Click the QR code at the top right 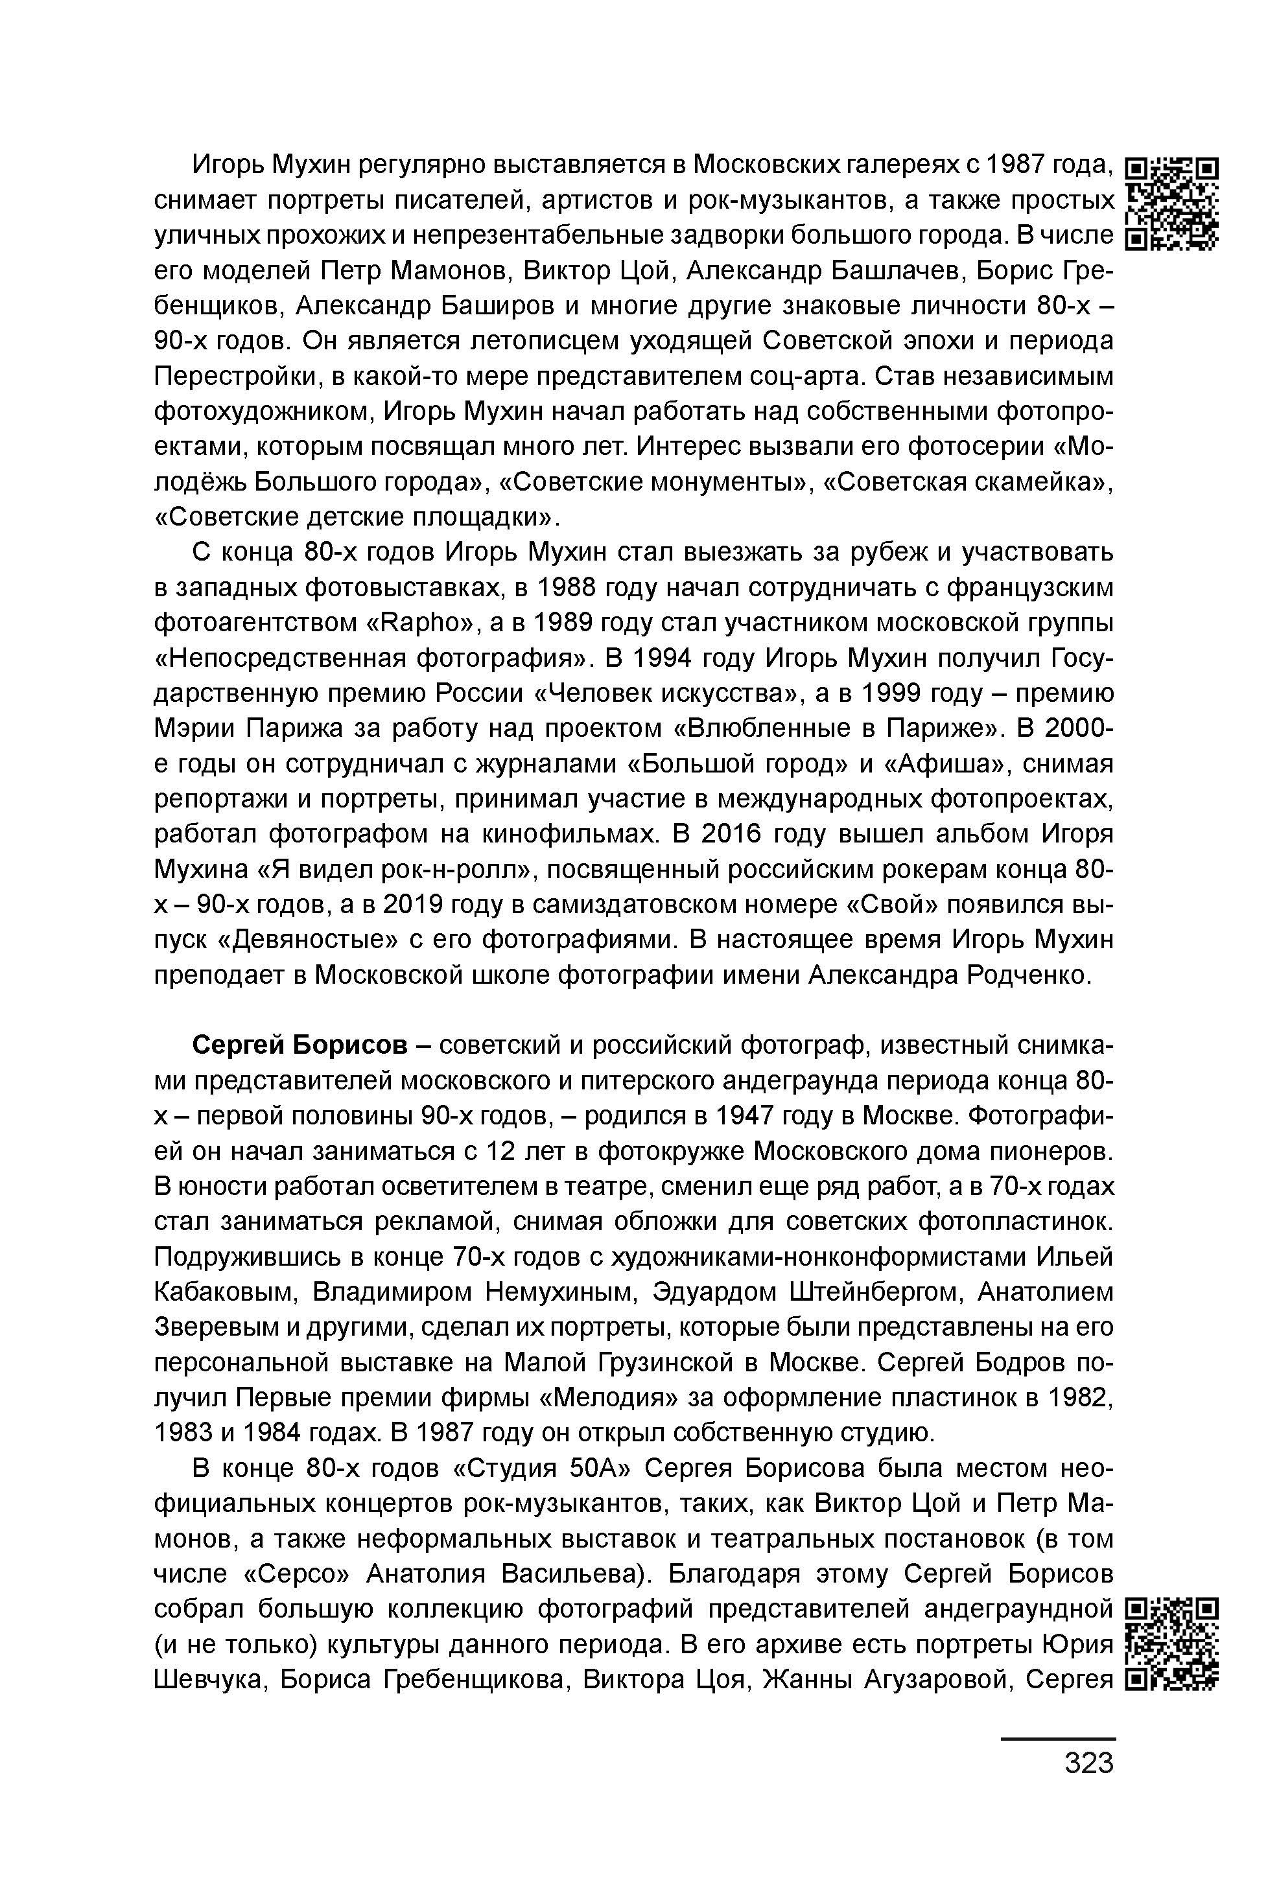pos(1172,203)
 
